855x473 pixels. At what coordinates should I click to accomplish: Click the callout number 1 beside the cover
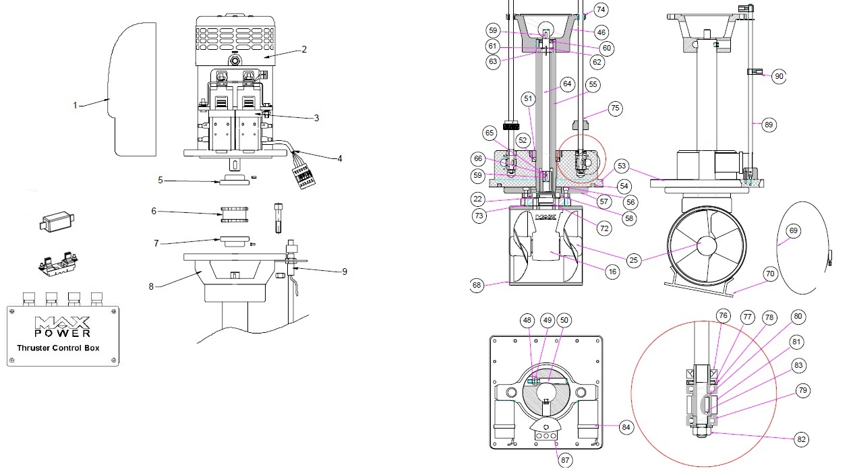click(76, 105)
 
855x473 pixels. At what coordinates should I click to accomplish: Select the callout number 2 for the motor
click(304, 49)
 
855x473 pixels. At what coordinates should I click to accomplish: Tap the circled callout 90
click(779, 77)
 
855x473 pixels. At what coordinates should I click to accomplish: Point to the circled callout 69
click(794, 231)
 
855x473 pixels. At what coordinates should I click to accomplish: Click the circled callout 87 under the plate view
click(564, 460)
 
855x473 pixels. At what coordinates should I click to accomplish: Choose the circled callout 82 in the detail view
click(801, 439)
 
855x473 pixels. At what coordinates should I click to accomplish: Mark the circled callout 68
click(477, 285)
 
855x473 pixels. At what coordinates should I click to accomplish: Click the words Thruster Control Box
click(58, 348)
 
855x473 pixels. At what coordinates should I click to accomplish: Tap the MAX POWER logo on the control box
click(62, 326)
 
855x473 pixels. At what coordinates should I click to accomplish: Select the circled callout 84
click(626, 427)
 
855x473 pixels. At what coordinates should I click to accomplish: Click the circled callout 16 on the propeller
click(612, 272)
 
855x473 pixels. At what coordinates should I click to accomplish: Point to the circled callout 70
click(769, 274)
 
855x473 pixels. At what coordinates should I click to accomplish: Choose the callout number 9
click(345, 272)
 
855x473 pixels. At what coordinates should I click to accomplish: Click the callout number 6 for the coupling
click(154, 211)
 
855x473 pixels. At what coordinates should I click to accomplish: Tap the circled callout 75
click(614, 108)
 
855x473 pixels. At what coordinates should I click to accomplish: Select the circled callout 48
click(528, 321)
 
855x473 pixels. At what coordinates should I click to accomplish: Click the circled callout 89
click(769, 125)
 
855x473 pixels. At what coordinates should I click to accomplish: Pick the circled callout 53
click(622, 166)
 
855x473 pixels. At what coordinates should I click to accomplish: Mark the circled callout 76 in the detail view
click(723, 316)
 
